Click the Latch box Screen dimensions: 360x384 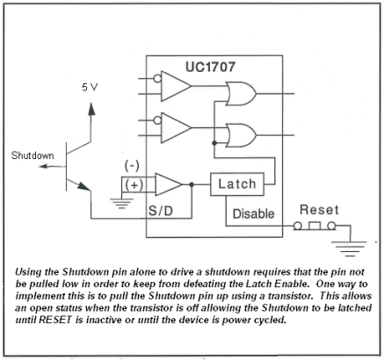click(x=236, y=184)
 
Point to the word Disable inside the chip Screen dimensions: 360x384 click(x=254, y=213)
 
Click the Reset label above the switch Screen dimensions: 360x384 click(x=319, y=212)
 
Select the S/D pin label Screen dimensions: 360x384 click(x=163, y=212)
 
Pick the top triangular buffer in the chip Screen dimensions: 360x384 click(x=178, y=86)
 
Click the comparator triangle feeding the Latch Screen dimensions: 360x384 click(x=167, y=184)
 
